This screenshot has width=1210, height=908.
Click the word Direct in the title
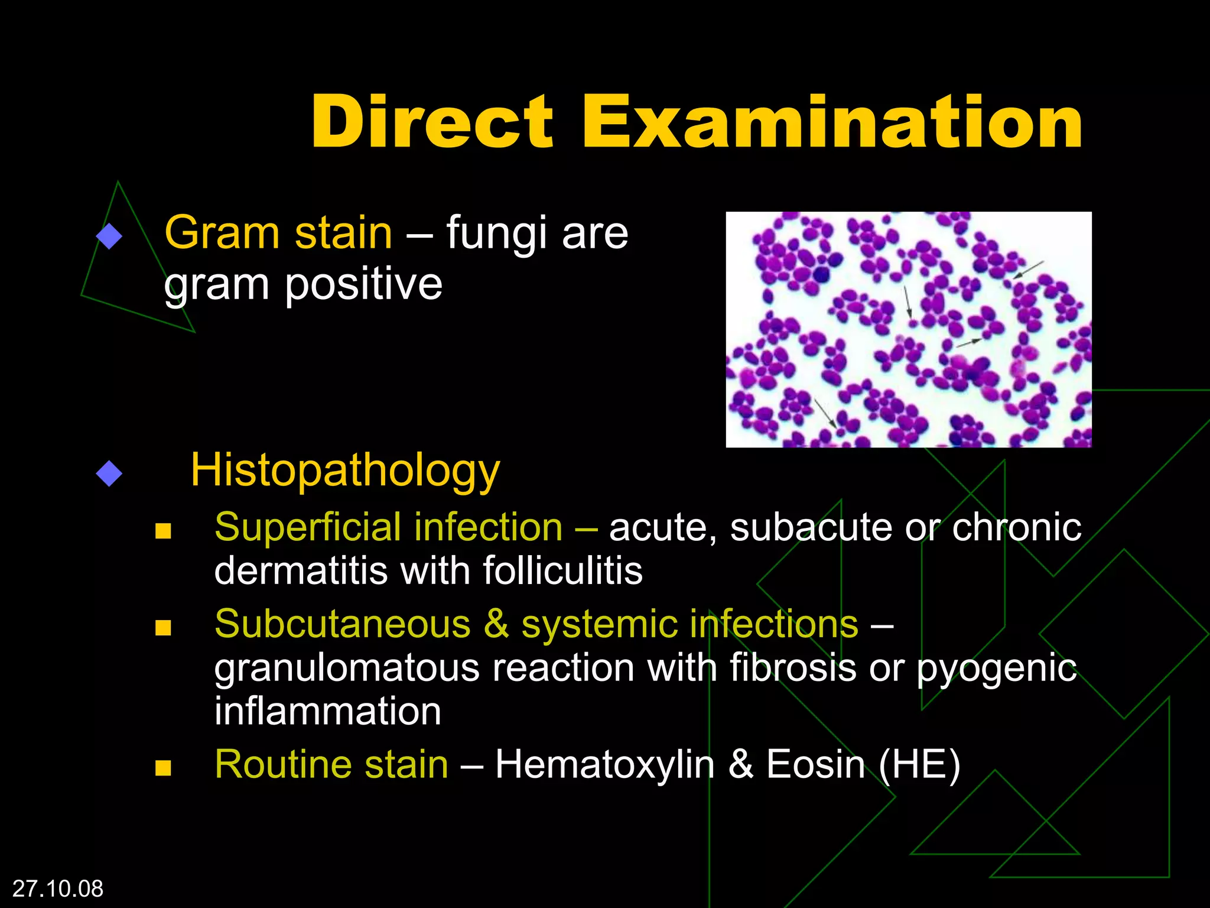pos(432,122)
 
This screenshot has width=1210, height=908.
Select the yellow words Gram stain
pos(278,233)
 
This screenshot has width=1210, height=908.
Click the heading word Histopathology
pos(345,471)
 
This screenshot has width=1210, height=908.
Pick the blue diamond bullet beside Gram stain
pos(109,236)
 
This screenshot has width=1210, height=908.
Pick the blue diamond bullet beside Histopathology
pos(109,474)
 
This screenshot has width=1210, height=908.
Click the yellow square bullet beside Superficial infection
pos(163,530)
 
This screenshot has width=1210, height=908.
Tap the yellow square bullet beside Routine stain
pos(163,768)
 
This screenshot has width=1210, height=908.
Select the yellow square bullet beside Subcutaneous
pos(163,627)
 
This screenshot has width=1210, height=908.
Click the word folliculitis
pos(562,571)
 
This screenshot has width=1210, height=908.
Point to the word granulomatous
pos(347,668)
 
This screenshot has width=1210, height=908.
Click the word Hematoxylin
pos(605,764)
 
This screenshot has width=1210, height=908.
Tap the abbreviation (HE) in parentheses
pos(919,764)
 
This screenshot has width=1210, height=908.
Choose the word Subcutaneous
pos(343,624)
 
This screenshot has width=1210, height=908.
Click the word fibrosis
pos(793,668)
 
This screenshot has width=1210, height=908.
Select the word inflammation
pos(328,711)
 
